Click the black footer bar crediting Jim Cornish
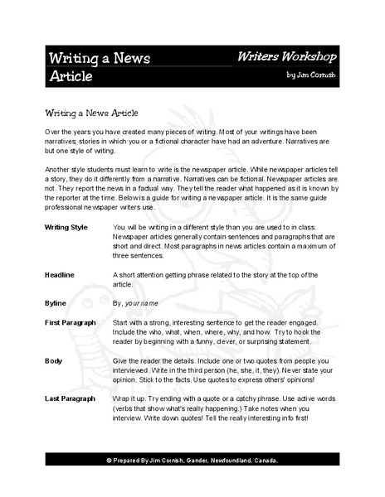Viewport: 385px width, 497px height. (x=192, y=460)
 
